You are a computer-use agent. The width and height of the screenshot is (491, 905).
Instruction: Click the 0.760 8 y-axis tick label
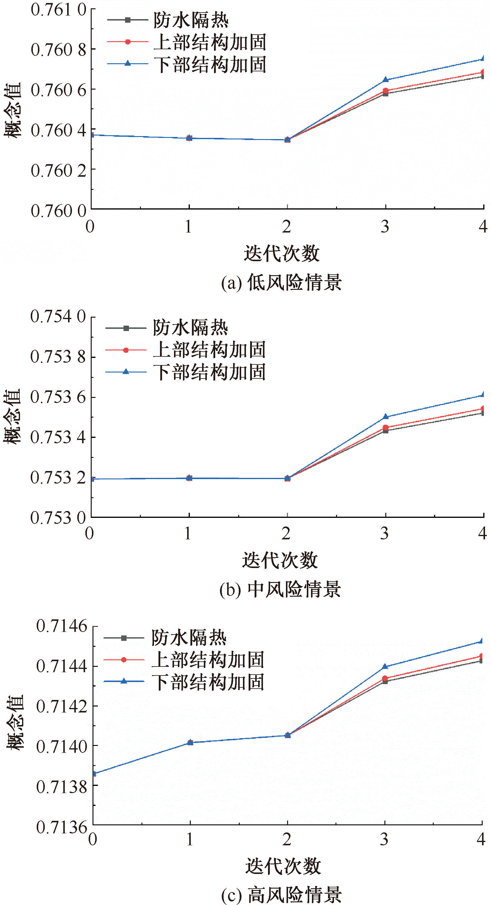coord(58,50)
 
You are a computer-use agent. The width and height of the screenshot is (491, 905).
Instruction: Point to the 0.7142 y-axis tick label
coord(62,706)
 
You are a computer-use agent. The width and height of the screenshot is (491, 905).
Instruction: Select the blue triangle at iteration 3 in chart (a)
coord(385,80)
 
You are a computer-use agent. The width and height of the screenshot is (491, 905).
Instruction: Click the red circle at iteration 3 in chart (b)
coord(385,427)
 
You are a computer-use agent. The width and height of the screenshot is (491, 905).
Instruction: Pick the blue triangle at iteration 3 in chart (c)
coord(384,667)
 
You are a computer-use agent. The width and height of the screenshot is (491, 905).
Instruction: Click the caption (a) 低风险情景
coord(281,282)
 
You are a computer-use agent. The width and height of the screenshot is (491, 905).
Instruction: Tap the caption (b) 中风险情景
coord(280,589)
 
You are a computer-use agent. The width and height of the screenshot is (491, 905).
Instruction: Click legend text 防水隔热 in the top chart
coord(191,20)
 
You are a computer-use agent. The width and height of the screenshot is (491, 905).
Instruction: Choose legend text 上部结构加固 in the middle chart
coord(209,350)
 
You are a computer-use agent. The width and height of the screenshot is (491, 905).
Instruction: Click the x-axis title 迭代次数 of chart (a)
coord(282,253)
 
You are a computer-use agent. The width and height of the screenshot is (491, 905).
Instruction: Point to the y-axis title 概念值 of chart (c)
coord(15,722)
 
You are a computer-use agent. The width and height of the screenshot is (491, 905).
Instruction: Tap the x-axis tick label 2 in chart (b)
coord(286,533)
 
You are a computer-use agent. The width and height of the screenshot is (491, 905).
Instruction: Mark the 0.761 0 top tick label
coord(58,10)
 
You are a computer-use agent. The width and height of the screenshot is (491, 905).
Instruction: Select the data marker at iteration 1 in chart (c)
coord(190,742)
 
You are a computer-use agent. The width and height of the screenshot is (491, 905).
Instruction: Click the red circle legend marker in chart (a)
coord(128,42)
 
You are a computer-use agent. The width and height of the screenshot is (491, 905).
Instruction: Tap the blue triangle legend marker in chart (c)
coord(124,681)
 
